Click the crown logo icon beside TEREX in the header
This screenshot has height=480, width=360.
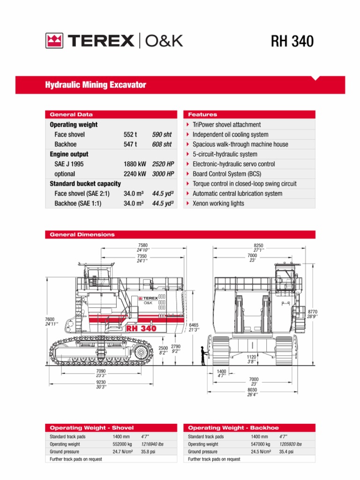54,41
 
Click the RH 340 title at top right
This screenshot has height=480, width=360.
292,41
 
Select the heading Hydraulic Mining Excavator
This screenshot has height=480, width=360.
95,85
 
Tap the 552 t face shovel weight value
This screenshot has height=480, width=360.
130,135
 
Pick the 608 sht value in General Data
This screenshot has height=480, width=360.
162,144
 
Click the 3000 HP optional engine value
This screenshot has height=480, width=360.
163,174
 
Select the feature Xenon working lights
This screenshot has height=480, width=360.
218,203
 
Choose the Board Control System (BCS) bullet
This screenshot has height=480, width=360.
227,174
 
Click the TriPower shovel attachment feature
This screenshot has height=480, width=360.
226,125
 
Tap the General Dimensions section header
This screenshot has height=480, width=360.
82,234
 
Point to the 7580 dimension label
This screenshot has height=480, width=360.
142,245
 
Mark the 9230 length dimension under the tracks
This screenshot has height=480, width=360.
101,382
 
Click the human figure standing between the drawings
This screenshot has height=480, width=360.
203,356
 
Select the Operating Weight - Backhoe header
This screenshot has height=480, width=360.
233,427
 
